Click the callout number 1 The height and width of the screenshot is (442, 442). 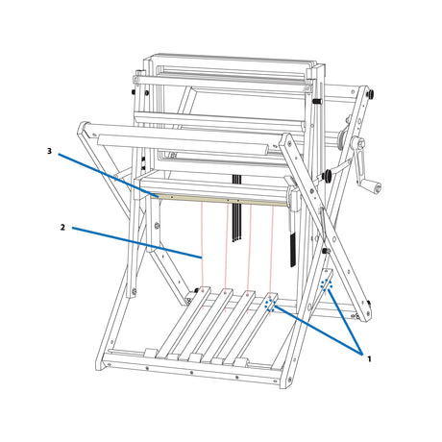tap(369, 358)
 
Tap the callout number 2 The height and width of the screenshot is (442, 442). tap(62, 228)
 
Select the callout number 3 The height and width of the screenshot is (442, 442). tap(49, 151)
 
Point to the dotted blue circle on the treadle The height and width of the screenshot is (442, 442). tap(271, 305)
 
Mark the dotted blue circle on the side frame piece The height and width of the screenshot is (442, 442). tap(326, 284)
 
